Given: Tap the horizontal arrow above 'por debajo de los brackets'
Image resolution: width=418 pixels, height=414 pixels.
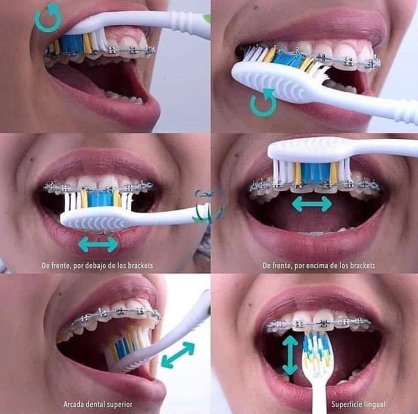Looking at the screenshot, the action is (x=98, y=244).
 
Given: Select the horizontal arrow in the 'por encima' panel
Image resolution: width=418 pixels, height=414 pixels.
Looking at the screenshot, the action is (x=312, y=204).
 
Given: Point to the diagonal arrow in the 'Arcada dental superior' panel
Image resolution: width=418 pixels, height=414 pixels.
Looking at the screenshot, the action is (x=178, y=355).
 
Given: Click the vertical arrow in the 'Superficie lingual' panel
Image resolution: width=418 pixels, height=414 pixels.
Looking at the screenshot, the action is (x=290, y=355).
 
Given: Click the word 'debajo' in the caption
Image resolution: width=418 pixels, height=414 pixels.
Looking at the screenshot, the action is (x=94, y=265).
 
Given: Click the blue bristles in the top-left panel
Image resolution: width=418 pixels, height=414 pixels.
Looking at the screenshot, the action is (x=71, y=43).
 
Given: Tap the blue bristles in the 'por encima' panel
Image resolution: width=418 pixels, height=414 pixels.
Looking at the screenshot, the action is (x=315, y=173).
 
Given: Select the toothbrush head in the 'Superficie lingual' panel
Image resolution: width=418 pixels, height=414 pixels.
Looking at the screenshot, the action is (x=317, y=354).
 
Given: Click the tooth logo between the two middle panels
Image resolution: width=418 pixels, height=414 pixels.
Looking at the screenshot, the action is (x=209, y=205).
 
